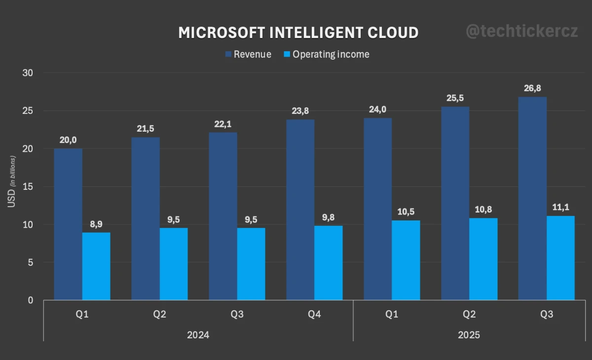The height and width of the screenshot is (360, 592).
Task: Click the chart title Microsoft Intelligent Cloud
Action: pos(298,33)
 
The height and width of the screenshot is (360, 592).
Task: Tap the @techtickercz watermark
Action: pos(521,32)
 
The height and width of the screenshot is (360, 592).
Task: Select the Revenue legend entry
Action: pos(248,54)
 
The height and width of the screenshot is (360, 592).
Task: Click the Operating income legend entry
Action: pos(326,54)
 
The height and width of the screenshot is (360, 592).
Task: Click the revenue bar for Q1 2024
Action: pos(68,224)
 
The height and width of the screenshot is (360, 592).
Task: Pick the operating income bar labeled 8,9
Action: pos(96,266)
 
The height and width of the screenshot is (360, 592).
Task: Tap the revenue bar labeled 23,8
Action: pos(300,210)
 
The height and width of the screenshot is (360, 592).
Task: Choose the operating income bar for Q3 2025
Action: pos(560,258)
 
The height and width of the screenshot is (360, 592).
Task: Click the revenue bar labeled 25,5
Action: pos(455,203)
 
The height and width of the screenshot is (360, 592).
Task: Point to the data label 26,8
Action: pos(532,89)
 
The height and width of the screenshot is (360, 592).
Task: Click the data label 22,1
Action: pos(222,124)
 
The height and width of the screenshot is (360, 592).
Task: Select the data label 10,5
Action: pos(406,212)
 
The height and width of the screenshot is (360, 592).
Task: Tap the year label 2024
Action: pos(198,335)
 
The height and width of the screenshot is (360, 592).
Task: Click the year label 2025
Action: pos(469,335)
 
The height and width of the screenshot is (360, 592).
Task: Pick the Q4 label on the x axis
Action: pos(314,314)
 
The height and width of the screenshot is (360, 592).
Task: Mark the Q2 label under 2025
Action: pos(469,314)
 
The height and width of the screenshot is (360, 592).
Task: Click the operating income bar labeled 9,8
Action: pos(329,263)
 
